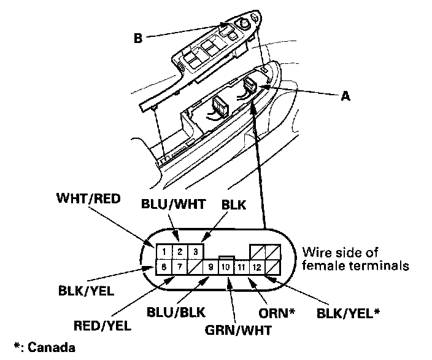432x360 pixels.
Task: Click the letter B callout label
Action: (x=138, y=37)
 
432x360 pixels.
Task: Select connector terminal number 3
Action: (x=195, y=252)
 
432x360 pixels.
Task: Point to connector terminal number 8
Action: (x=164, y=267)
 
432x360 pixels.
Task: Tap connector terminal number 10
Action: (x=225, y=267)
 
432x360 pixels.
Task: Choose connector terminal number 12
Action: (x=256, y=267)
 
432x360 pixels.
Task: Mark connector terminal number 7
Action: (x=179, y=267)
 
